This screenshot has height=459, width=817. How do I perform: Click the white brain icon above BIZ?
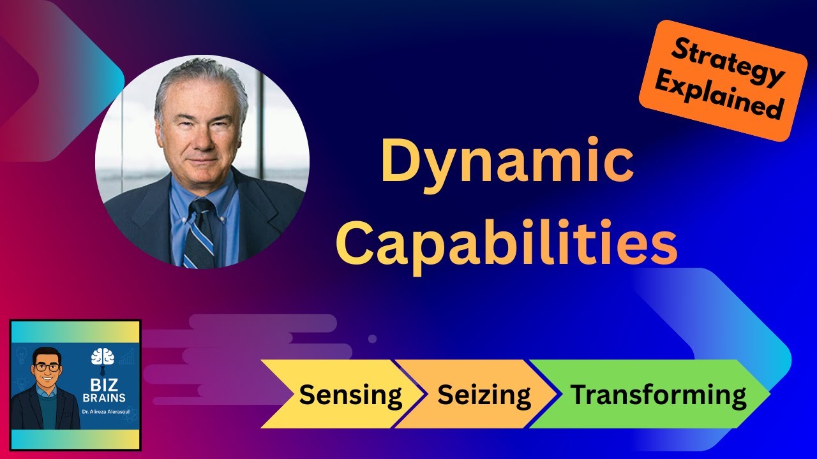coord(102,356)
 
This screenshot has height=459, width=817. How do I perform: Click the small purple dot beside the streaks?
coord(372,339)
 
